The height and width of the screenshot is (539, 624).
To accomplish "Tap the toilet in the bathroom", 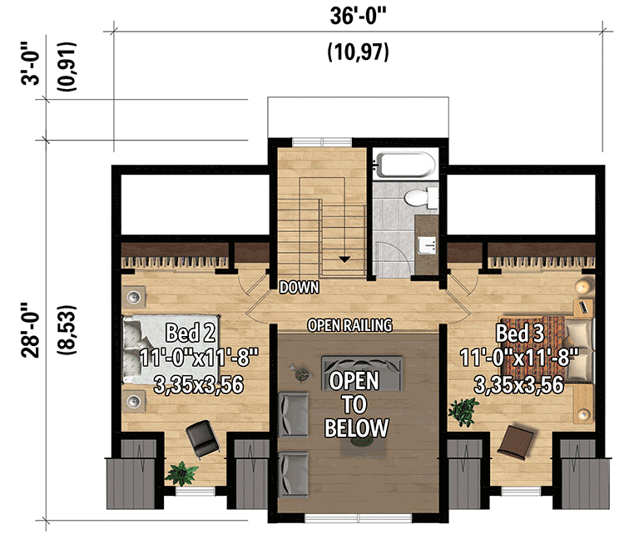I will point(420,198).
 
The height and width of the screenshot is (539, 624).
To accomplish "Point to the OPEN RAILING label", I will point(349,325).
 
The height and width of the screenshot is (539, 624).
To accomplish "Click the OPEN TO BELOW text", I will point(356,405).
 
